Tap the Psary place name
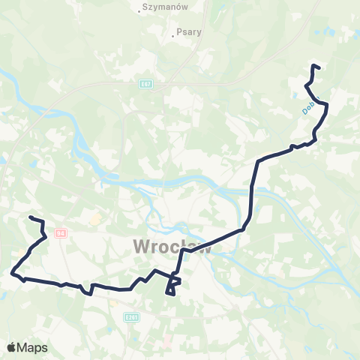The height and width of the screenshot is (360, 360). click(184, 32)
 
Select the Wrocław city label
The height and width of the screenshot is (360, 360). click(172, 246)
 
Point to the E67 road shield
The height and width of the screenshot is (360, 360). click(146, 84)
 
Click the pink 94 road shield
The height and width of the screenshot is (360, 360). click(61, 232)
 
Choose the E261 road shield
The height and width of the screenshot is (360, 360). click(132, 317)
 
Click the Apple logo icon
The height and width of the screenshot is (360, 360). click(11, 347)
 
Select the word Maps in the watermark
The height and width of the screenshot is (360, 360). click(33, 347)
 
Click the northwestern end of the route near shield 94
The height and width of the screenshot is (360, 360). click(30, 217)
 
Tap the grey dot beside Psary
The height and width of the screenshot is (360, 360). click(172, 33)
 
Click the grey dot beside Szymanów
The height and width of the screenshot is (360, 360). click(142, 11)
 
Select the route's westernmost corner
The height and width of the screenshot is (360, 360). click(12, 274)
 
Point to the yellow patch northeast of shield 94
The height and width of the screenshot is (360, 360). click(95, 220)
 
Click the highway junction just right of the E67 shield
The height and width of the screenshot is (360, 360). click(161, 82)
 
